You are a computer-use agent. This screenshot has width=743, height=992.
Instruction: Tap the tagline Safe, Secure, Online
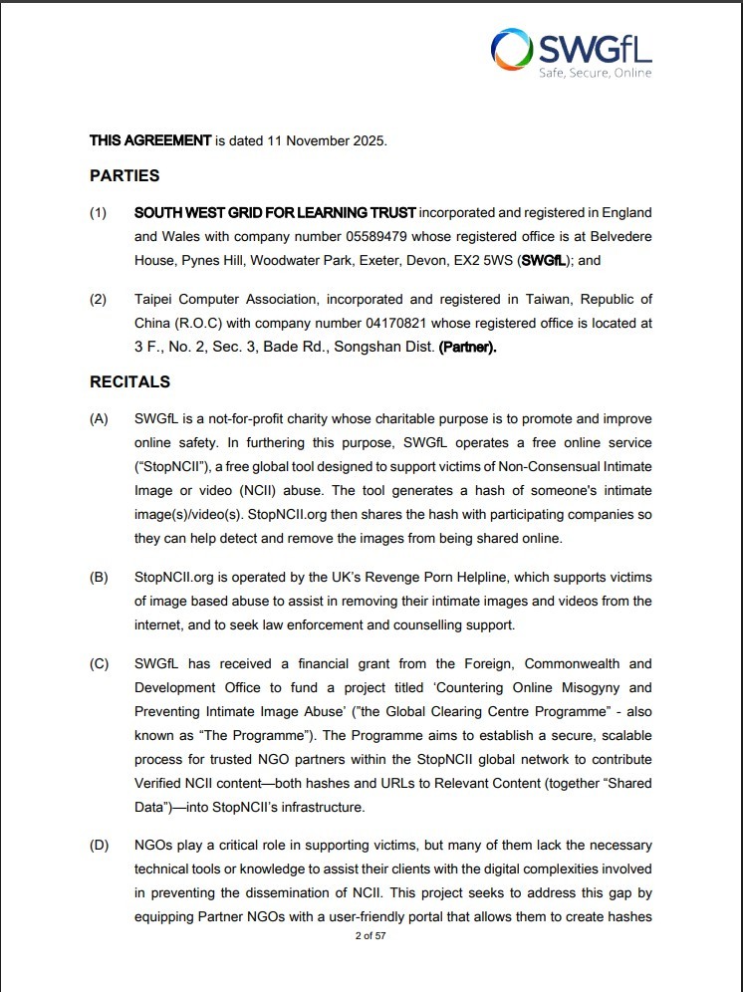(x=596, y=73)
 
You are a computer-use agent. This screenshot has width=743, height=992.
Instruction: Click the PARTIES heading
(x=124, y=176)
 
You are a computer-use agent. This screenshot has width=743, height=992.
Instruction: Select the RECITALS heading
(x=129, y=382)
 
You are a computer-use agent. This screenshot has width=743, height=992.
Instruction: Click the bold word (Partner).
(x=467, y=347)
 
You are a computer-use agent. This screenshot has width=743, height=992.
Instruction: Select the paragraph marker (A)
(x=99, y=419)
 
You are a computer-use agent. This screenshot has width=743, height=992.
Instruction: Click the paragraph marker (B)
(x=99, y=577)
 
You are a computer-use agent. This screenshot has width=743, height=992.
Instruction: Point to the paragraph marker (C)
(x=99, y=664)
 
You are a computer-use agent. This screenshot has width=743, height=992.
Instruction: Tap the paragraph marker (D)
(x=99, y=846)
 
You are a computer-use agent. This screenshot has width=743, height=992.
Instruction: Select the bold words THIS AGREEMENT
(x=150, y=140)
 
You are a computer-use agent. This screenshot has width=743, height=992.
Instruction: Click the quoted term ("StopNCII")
(x=169, y=467)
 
